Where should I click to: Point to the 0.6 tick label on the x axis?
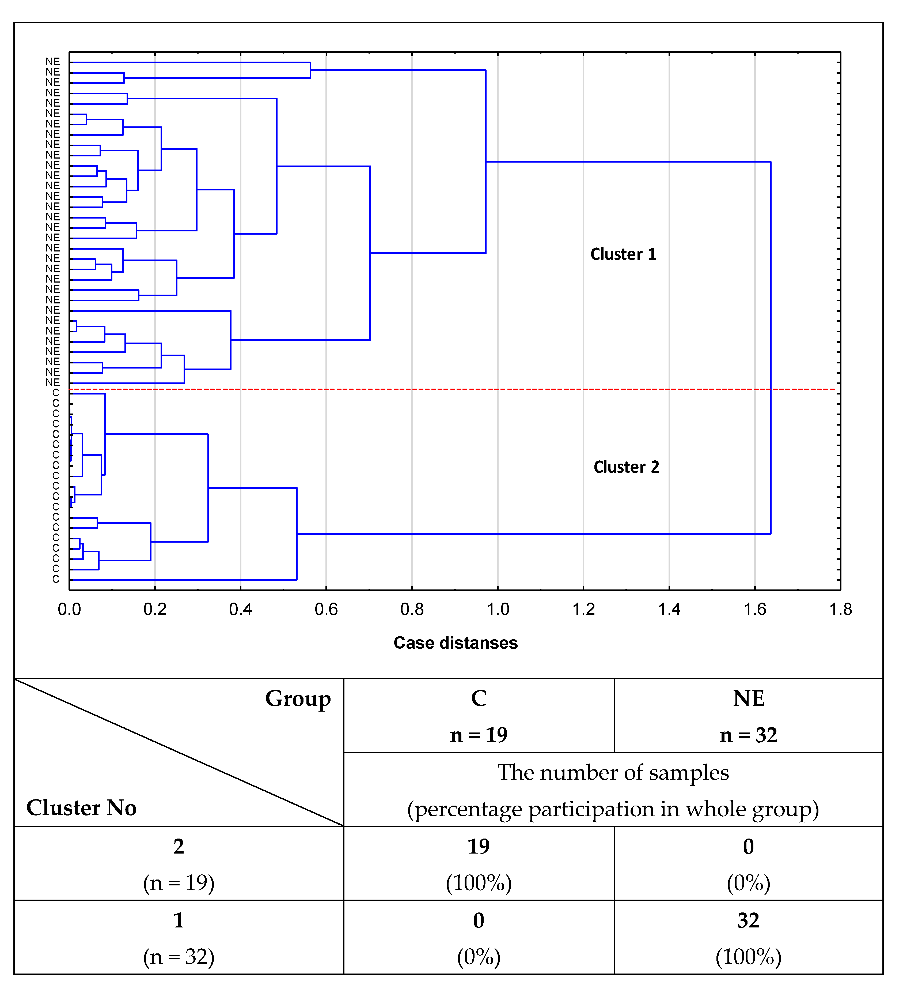click(326, 610)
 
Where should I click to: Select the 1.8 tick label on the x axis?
click(841, 610)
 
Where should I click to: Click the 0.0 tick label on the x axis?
click(69, 610)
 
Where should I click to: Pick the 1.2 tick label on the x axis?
click(583, 610)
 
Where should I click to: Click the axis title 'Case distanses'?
click(456, 643)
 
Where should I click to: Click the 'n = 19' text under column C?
click(479, 735)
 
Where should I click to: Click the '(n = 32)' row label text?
click(179, 957)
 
